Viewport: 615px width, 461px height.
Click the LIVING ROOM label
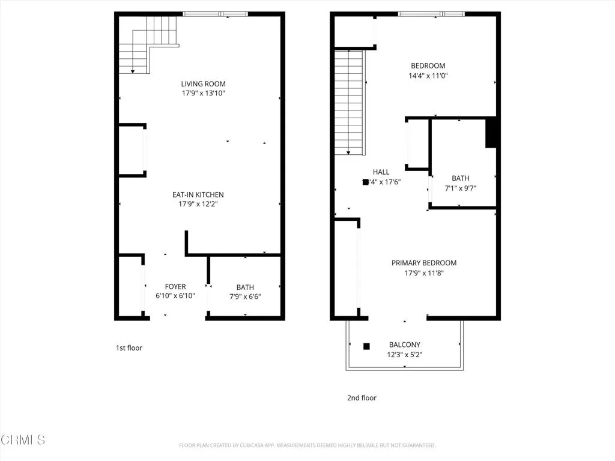coord(204,84)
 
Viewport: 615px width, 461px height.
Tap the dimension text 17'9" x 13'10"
coord(204,94)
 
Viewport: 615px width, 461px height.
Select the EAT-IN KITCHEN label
coord(198,195)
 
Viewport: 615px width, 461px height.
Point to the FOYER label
coord(175,287)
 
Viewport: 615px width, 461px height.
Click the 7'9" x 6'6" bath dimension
coord(244,297)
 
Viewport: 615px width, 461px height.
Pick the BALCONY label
coord(405,345)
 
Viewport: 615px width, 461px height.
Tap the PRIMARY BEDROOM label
coord(424,263)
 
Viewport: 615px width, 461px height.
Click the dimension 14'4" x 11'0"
coord(428,76)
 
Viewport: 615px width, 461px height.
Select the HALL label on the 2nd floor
coord(381,172)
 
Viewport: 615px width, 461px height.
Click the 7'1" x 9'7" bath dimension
coord(461,188)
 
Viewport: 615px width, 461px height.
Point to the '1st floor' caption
coord(129,348)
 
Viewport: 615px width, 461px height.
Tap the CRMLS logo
coord(23,440)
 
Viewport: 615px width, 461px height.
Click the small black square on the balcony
coord(366,346)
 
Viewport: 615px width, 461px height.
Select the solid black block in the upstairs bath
coord(491,132)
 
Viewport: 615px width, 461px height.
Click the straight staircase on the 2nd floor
coord(350,102)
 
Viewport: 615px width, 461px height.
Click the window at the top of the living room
coord(215,14)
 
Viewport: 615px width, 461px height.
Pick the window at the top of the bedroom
coord(431,14)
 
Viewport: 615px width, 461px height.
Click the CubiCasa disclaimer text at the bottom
coord(307,445)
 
